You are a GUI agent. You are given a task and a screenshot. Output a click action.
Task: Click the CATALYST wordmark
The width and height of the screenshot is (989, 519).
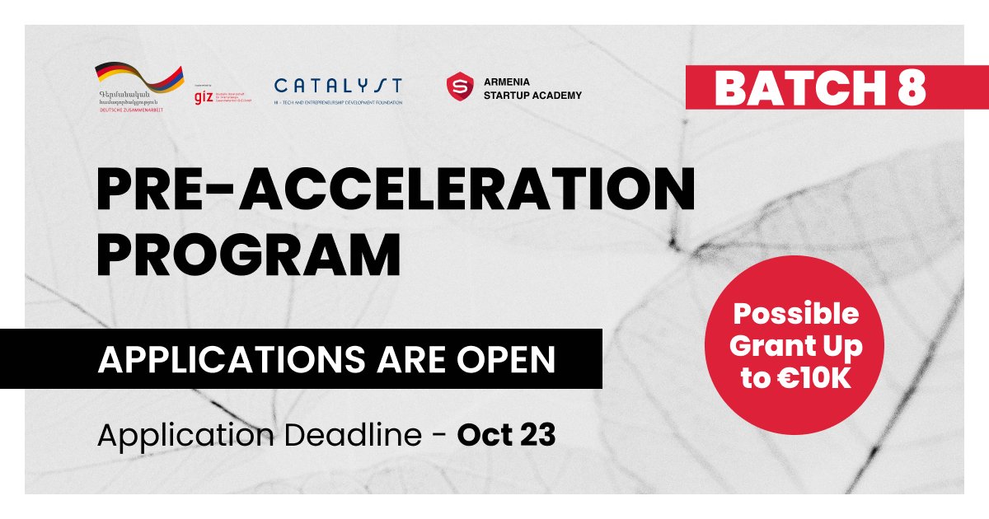[x=338, y=86]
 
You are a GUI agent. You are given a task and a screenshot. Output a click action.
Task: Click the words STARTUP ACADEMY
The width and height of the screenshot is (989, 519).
[x=532, y=96]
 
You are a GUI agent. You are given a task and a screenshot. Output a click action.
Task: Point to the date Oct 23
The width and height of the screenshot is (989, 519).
[x=506, y=437]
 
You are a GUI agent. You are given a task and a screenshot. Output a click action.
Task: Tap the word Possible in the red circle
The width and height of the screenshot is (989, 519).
[x=796, y=314]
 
